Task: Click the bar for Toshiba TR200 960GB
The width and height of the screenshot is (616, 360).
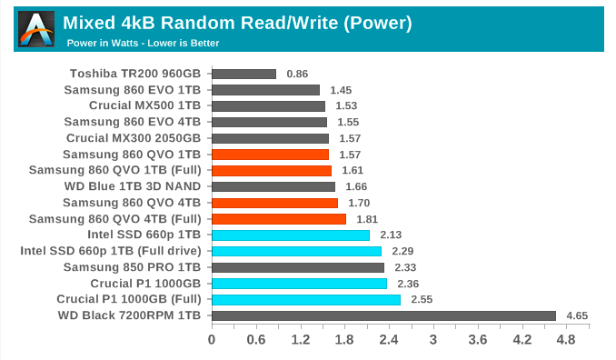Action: pyautogui.click(x=243, y=74)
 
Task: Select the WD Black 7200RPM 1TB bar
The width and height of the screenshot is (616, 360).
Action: pyautogui.click(x=383, y=315)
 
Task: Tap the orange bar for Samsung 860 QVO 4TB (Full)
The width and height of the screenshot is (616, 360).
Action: pyautogui.click(x=279, y=219)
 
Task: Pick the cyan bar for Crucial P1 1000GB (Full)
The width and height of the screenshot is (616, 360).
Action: pyautogui.click(x=306, y=299)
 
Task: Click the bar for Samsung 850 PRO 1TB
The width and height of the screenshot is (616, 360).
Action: pyautogui.click(x=298, y=267)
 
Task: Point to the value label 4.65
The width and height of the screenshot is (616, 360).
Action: pyautogui.click(x=578, y=315)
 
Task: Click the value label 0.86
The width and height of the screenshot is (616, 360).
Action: pyautogui.click(x=297, y=74)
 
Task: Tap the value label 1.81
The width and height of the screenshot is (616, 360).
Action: pyautogui.click(x=367, y=219)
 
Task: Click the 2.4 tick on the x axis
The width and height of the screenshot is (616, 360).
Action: pyautogui.click(x=389, y=340)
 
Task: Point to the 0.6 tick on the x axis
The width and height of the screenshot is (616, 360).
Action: pyautogui.click(x=256, y=340)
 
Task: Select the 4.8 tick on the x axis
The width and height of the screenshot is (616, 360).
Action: pyautogui.click(x=566, y=340)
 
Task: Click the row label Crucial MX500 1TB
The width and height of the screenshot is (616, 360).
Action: pyautogui.click(x=146, y=105)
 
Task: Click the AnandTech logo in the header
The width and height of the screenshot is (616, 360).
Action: pyautogui.click(x=36, y=29)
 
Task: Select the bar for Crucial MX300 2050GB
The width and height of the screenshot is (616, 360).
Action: pyautogui.click(x=270, y=138)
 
